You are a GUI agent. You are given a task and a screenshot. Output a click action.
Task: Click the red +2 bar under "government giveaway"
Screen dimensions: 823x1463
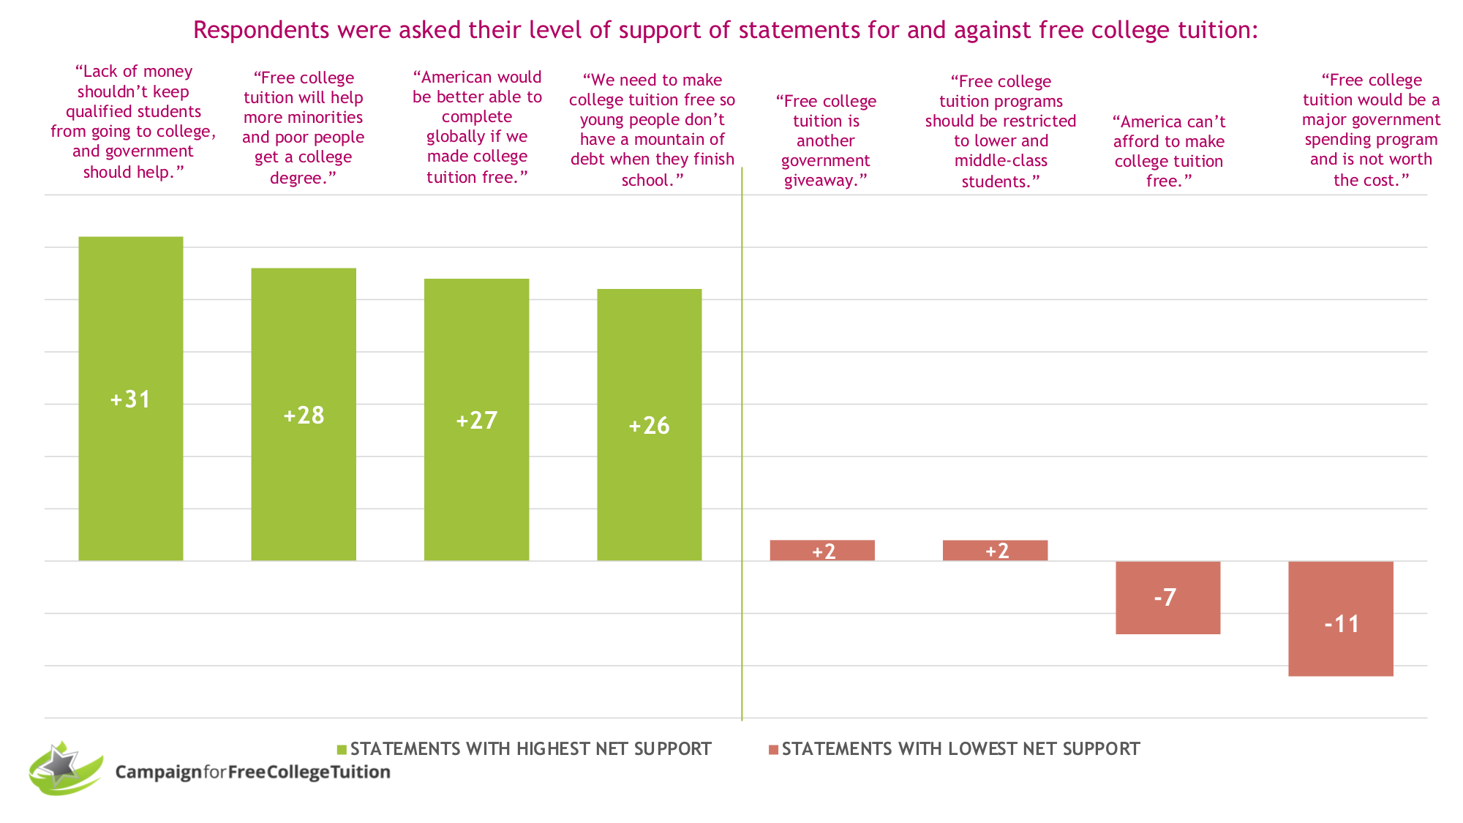coord(822,550)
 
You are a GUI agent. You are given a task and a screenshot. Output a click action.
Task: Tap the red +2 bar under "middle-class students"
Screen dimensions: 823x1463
coord(995,550)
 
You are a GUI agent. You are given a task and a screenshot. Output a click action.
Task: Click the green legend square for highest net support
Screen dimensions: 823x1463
coord(342,750)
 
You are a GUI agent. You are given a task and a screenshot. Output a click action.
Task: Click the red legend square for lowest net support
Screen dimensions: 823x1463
coord(773,750)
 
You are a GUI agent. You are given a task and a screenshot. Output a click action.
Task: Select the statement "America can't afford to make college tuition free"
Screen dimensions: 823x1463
coord(1168,151)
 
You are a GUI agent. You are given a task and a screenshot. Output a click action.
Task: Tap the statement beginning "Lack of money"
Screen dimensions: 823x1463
coord(133,121)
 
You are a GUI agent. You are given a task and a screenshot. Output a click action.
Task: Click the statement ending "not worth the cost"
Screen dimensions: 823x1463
coord(1371,129)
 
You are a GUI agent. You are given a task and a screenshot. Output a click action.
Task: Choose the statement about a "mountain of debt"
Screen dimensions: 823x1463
coord(652,129)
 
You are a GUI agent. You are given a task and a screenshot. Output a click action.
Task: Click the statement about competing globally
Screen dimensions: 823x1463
coord(477,127)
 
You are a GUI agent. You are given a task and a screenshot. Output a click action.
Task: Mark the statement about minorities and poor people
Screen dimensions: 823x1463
coord(304,127)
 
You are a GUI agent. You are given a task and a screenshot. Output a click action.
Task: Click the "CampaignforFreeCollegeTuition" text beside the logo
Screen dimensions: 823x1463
coord(252,772)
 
